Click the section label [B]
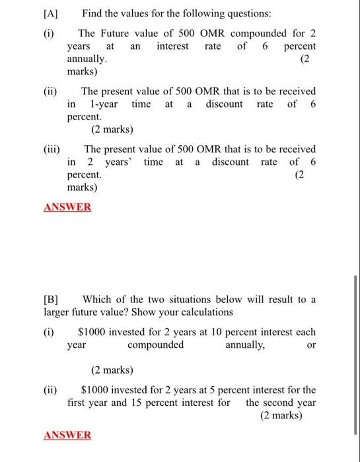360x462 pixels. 54,300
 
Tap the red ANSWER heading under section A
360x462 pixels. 67,207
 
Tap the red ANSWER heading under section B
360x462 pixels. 67,435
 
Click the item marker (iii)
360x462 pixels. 52,149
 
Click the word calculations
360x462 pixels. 205,312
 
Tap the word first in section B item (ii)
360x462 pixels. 80,403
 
